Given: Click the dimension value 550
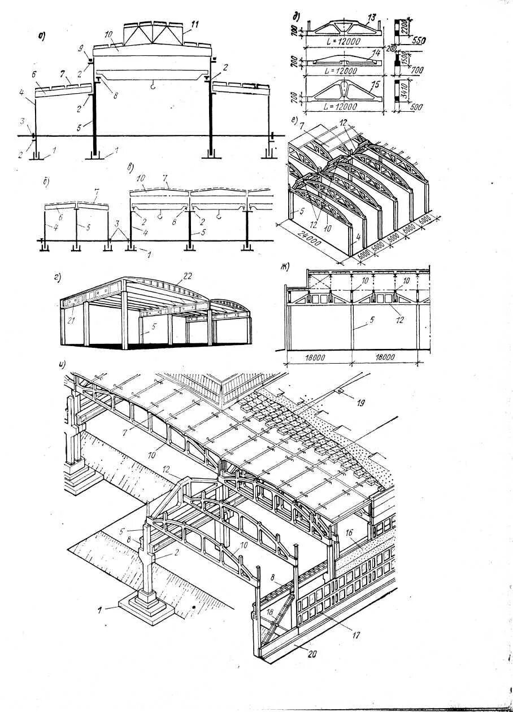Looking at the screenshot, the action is click(419, 41).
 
